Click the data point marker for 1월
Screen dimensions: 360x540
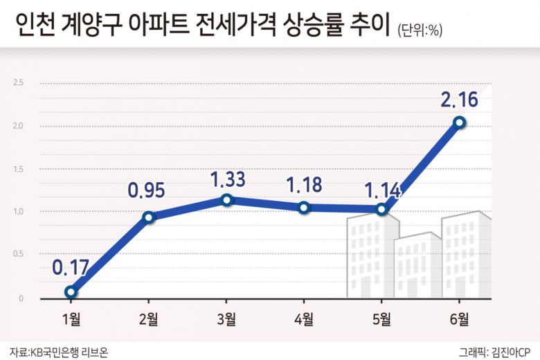pyautogui.click(x=71, y=291)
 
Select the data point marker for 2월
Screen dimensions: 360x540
pyautogui.click(x=148, y=217)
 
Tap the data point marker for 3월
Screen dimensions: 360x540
pyautogui.click(x=226, y=199)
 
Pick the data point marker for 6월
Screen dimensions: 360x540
pyautogui.click(x=459, y=123)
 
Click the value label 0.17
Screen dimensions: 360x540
pyautogui.click(x=70, y=266)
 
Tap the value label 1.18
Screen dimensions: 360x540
pyautogui.click(x=305, y=186)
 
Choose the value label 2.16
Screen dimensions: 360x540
pyautogui.click(x=459, y=100)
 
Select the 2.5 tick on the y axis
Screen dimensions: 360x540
pyautogui.click(x=19, y=83)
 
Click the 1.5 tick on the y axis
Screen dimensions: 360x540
pyautogui.click(x=19, y=169)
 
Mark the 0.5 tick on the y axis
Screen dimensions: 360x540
pyautogui.click(x=19, y=254)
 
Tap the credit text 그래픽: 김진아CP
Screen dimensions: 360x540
pyautogui.click(x=494, y=351)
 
